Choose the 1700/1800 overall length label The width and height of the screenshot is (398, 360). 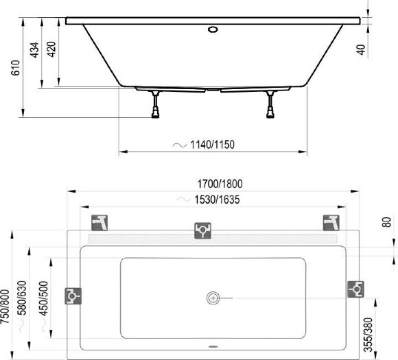(221, 184)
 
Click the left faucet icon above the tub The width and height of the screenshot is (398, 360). (100, 223)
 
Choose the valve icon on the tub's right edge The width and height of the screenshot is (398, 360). (355, 289)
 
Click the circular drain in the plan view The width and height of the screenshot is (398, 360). (213, 298)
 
